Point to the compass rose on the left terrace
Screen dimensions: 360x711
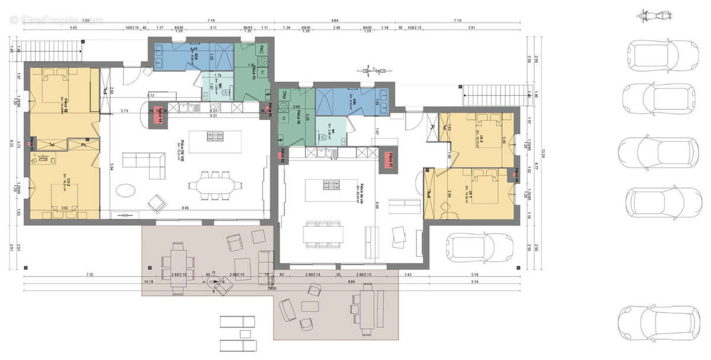tap(216, 282)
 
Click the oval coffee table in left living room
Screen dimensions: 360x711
tap(125, 190)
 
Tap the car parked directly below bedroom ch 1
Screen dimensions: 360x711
tap(478, 247)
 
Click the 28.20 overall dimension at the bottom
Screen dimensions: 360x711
tap(272, 288)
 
